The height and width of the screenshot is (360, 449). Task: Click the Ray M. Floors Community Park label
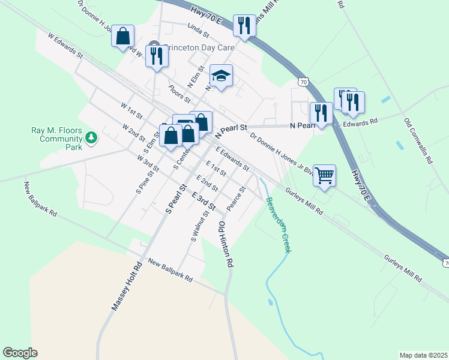tap(56, 138)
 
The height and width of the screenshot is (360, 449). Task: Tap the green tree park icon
tap(91, 139)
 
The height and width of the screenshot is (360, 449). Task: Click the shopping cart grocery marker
tap(324, 176)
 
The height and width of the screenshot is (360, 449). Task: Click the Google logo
tap(20, 353)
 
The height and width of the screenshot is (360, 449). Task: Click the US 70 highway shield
tap(304, 82)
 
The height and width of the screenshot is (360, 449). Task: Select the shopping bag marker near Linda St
tap(123, 36)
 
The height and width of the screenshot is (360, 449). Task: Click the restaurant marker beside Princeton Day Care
tap(157, 56)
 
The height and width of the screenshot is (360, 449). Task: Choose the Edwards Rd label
tap(360, 122)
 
